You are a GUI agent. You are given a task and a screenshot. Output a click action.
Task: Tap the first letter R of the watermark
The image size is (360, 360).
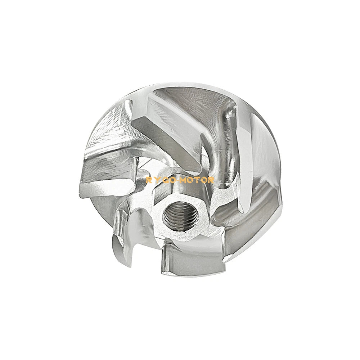(x=148, y=180)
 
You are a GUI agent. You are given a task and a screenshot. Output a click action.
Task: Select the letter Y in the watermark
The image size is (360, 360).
(x=157, y=180)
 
